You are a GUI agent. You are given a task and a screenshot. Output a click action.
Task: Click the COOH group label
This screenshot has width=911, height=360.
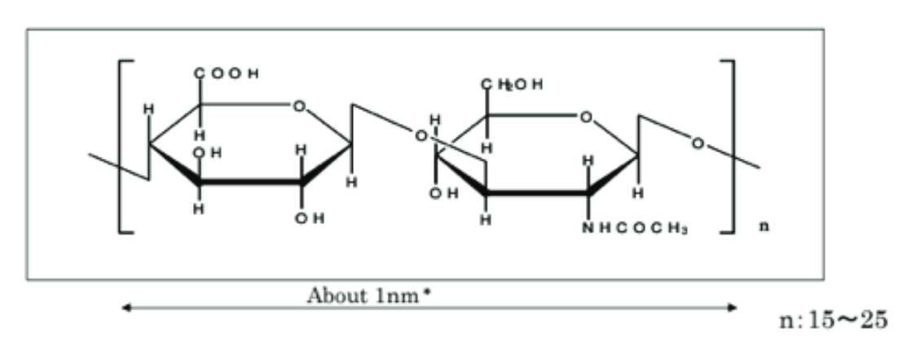pos(226,74)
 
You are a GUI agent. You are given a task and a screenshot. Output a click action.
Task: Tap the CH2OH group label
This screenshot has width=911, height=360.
pos(512,85)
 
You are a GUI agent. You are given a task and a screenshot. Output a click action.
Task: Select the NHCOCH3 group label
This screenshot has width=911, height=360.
pos(635,229)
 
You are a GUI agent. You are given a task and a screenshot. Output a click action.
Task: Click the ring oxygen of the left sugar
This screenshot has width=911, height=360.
pos(298,106)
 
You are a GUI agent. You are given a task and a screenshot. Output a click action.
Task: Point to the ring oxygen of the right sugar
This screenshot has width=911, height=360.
pos(586,118)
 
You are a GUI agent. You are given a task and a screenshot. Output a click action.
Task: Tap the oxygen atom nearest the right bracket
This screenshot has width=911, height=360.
pos(698,143)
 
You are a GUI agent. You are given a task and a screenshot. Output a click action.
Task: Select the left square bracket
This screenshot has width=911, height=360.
pos(126,147)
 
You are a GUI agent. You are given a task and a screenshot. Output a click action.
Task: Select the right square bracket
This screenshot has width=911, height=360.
pos(728,147)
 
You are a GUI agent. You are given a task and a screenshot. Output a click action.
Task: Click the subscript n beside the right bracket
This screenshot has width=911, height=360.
pos(764,227)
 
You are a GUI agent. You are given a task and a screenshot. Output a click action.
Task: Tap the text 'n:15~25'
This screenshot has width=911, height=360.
pos(834,320)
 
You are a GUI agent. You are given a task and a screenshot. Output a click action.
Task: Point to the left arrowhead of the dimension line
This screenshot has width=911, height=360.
pos(124,308)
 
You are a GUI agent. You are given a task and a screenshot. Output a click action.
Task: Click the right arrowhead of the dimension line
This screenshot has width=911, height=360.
pos(733,308)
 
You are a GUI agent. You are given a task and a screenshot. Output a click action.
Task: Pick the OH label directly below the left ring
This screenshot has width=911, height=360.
pos(309,218)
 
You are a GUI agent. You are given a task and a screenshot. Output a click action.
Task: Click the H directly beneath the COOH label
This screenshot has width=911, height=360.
pos(200,135)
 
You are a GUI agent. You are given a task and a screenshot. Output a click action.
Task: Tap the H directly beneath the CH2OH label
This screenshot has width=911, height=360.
pos(487,147)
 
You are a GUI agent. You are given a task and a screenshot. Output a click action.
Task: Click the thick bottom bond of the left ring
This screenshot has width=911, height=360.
pos(250,182)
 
